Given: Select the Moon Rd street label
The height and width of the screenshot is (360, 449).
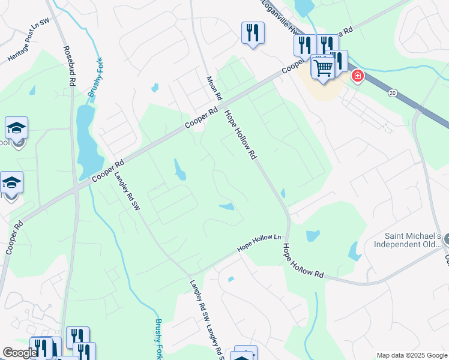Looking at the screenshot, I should click(214, 88).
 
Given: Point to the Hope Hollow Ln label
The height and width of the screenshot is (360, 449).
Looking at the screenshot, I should click(259, 242).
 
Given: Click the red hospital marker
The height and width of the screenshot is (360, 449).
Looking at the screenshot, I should click(357, 76).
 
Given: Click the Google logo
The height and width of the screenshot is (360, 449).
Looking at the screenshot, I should click(20, 353).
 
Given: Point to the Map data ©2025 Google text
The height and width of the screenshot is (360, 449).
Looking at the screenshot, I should click(412, 355).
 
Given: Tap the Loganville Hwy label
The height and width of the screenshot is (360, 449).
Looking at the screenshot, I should click(280, 16).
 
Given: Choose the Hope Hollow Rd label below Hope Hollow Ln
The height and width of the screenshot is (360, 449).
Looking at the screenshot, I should click(303, 261).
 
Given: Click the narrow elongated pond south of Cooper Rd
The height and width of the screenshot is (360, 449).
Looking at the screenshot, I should click(179, 170).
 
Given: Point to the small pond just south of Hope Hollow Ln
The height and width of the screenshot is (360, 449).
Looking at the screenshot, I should click(231, 279).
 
